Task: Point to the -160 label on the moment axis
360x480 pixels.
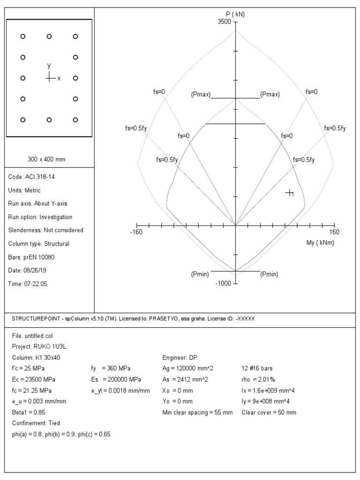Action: click(136, 232)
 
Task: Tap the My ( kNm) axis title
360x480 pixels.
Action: click(320, 243)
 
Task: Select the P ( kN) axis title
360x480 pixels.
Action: click(235, 14)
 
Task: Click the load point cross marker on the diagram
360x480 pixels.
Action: click(290, 193)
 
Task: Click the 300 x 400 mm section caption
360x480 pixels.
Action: click(46, 159)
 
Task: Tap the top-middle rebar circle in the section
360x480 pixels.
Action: click(49, 36)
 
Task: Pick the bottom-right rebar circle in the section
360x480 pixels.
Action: click(75, 120)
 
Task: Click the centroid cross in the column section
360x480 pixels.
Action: click(50, 78)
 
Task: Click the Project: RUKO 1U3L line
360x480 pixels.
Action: click(40, 347)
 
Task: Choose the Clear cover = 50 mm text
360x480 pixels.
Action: click(269, 412)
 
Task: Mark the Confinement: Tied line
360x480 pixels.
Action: click(36, 423)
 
